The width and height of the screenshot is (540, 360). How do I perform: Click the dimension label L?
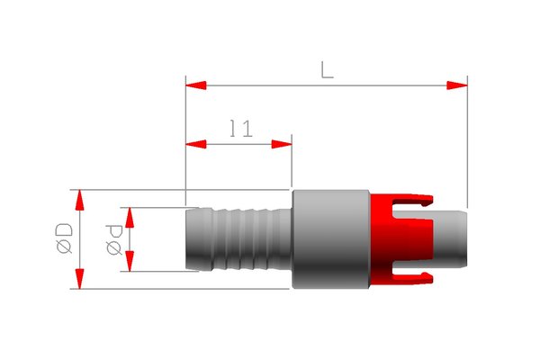(x=327, y=70)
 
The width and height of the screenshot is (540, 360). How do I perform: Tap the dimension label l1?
(x=241, y=128)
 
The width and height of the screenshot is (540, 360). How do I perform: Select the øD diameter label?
(x=65, y=238)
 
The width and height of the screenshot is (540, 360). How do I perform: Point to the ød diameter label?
(x=114, y=239)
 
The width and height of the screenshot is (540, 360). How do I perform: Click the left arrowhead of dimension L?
(x=196, y=85)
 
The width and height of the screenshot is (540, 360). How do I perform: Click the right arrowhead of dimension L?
(x=457, y=85)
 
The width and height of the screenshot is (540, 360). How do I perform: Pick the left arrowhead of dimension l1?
(x=196, y=144)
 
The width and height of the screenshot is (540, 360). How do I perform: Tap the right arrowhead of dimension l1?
(x=282, y=144)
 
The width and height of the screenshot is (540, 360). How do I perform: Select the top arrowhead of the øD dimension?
(x=79, y=200)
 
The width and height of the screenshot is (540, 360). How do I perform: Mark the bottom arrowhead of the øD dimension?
(x=79, y=279)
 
